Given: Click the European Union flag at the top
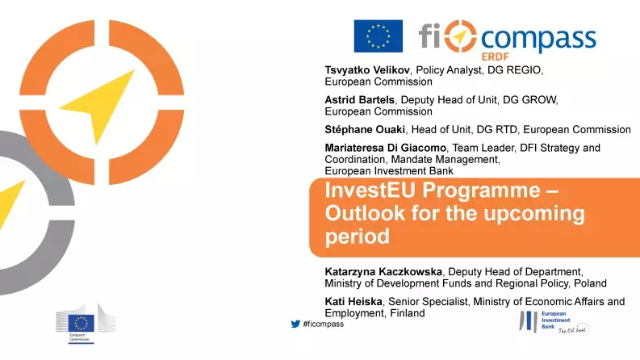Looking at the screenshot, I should point(378,36).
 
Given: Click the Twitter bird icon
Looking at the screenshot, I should point(295,324).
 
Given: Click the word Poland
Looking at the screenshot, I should point(589,283).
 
